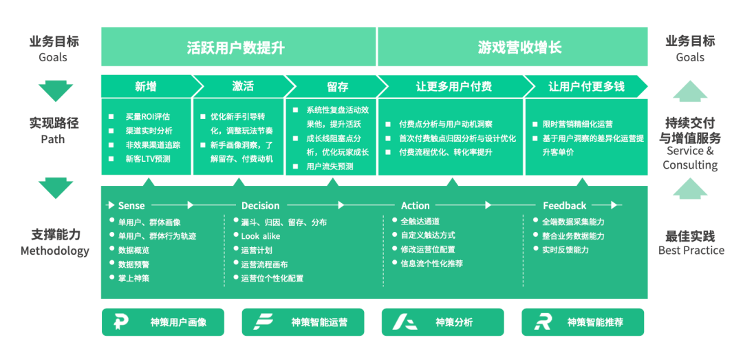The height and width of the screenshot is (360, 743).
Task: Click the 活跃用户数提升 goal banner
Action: coord(238,47)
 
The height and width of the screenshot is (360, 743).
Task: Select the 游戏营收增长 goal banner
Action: coord(513,47)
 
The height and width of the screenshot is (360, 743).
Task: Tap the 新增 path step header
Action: coord(146,86)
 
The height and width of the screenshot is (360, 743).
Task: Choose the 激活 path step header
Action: coord(242,86)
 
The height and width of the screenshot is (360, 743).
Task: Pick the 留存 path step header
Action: coord(337,86)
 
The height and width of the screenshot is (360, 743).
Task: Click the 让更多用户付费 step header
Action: coord(453,86)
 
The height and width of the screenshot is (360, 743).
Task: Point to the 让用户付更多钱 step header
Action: coord(586,86)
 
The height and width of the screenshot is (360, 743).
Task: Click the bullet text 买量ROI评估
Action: coord(147,116)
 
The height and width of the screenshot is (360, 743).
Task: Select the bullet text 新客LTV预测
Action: coord(147,159)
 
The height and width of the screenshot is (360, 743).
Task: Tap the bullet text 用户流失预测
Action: coord(330,167)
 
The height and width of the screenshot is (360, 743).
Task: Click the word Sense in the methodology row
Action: coord(131,205)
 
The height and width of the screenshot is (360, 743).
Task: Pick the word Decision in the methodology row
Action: coord(260,205)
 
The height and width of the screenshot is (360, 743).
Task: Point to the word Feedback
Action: coord(564,205)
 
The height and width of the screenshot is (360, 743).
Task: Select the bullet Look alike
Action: coord(260,236)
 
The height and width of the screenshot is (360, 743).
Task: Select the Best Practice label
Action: coord(691,250)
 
